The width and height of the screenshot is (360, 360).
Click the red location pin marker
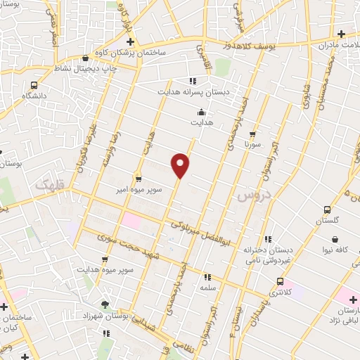(x=181, y=165)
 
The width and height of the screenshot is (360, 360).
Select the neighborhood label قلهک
(x=48, y=184)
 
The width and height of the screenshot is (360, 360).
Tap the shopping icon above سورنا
(x=252, y=133)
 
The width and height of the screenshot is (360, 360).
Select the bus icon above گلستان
(x=327, y=210)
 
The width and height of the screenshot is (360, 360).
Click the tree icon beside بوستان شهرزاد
(x=105, y=304)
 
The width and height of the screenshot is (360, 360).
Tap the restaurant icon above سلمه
(x=207, y=277)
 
